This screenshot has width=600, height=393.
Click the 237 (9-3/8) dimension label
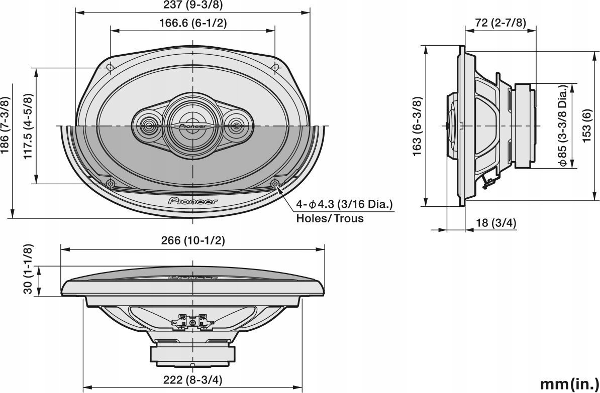point(192,6)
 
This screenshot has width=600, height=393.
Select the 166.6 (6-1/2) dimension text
point(193,23)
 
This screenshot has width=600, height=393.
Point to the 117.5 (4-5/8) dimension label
point(28,126)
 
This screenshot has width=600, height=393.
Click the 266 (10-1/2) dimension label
point(193,240)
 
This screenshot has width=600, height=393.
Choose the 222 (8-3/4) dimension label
point(193,379)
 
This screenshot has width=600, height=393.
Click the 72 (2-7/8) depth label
point(501,23)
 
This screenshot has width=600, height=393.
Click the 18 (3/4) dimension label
point(496,223)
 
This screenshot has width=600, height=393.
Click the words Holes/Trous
point(330,218)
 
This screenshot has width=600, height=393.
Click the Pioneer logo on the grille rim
point(193,201)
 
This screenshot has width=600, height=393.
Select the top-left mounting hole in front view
point(110,67)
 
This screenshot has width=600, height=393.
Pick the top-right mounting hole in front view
point(275,67)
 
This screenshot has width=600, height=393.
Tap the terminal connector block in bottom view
point(193,320)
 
